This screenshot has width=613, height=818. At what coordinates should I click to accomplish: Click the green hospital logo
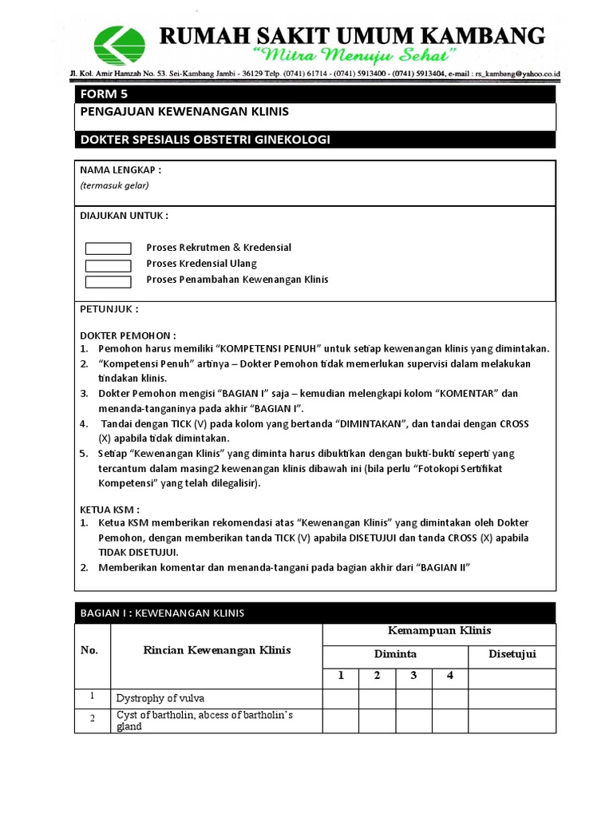[120, 46]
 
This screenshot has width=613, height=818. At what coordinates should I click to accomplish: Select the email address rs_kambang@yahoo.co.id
[516, 73]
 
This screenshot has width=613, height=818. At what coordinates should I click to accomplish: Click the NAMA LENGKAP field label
[121, 170]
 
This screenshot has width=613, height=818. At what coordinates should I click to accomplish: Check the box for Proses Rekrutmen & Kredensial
[108, 248]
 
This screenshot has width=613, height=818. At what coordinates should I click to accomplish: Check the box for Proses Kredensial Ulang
[108, 265]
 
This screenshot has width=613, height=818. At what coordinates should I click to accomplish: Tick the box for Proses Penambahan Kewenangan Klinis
[108, 281]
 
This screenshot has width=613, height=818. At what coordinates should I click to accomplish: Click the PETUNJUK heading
[109, 309]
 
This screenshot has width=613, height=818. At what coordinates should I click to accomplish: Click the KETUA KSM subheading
[110, 509]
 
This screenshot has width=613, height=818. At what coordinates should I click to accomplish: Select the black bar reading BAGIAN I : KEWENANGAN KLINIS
[314, 613]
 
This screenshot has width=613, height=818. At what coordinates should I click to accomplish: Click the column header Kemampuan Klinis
[438, 631]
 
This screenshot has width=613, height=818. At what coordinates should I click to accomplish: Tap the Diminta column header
[395, 654]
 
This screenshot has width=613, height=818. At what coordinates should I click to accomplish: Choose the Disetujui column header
[512, 654]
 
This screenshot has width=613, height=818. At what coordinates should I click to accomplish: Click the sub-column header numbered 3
[413, 676]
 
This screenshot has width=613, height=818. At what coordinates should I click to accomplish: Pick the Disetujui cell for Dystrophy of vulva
[512, 698]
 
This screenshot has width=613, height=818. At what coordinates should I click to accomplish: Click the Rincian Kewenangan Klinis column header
[216, 650]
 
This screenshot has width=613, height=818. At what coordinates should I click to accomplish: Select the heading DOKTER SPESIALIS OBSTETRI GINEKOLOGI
[205, 140]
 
